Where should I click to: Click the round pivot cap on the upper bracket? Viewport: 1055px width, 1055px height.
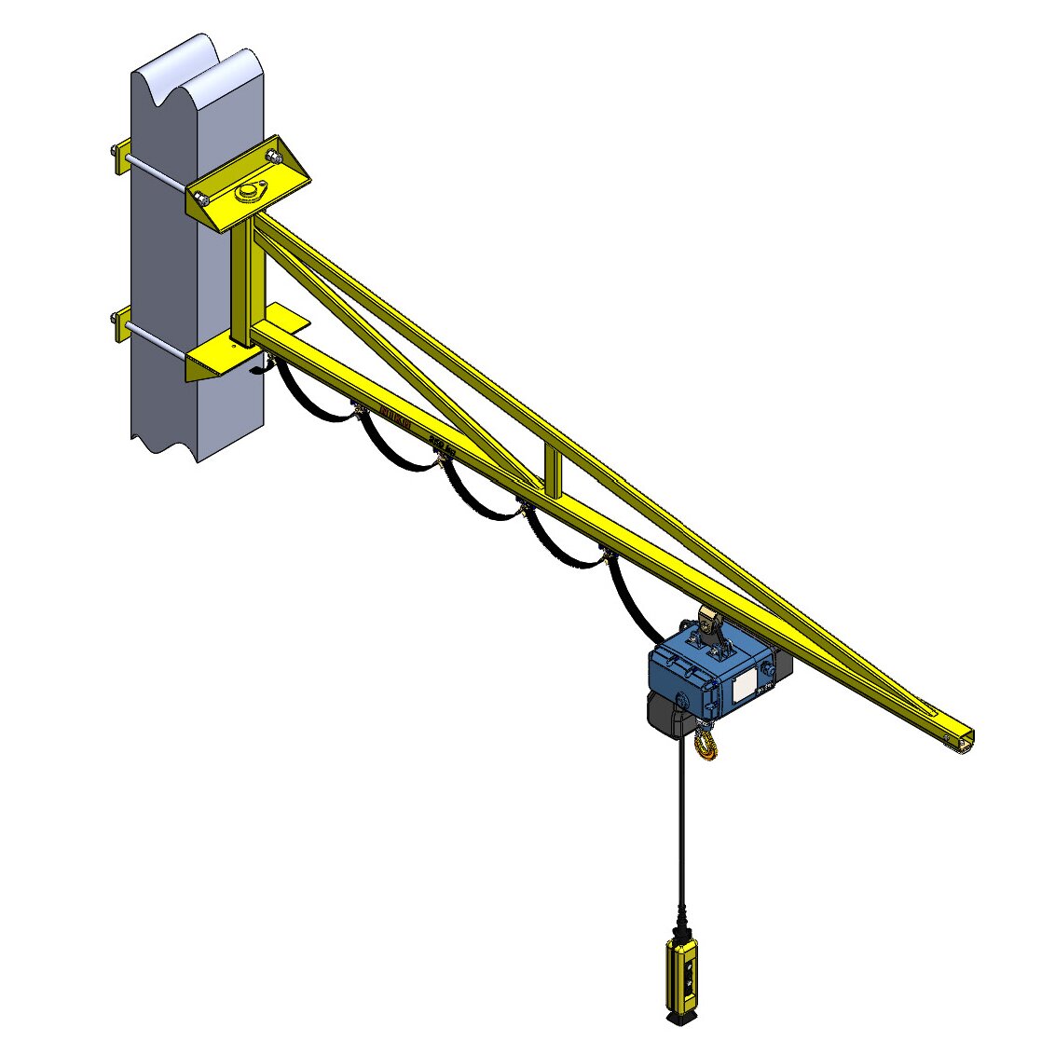pos(249,191)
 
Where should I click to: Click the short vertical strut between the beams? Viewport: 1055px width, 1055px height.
pos(554,473)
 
